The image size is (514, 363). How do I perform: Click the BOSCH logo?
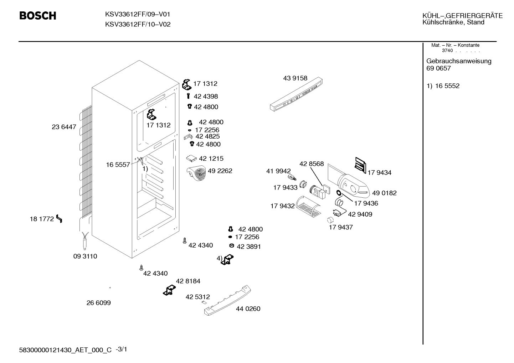pyautogui.click(x=38, y=16)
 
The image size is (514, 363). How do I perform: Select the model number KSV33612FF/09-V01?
pyautogui.click(x=138, y=14)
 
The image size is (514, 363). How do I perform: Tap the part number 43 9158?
pyautogui.click(x=295, y=78)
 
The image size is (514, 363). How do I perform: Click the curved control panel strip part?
pyautogui.click(x=296, y=94)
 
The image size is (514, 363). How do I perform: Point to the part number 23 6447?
pyautogui.click(x=64, y=127)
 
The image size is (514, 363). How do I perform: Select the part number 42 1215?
pyautogui.click(x=211, y=159)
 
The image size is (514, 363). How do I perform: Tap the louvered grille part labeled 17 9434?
pyautogui.click(x=360, y=165)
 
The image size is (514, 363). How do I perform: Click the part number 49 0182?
pyautogui.click(x=384, y=193)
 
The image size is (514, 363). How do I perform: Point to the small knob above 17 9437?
pyautogui.click(x=330, y=220)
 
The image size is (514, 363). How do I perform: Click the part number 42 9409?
pyautogui.click(x=360, y=214)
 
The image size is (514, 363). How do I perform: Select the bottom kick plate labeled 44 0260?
pyautogui.click(x=227, y=300)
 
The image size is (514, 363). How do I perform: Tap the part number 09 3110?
pyautogui.click(x=85, y=256)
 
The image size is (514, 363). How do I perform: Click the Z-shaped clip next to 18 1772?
pyautogui.click(x=59, y=218)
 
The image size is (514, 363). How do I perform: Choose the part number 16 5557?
pyautogui.click(x=118, y=165)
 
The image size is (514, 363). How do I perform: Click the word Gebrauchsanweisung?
pyautogui.click(x=459, y=61)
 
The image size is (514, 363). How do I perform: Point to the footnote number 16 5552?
pyautogui.click(x=447, y=86)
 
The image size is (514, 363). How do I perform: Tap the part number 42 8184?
pyautogui.click(x=188, y=281)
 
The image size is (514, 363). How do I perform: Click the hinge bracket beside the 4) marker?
pyautogui.click(x=227, y=260)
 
